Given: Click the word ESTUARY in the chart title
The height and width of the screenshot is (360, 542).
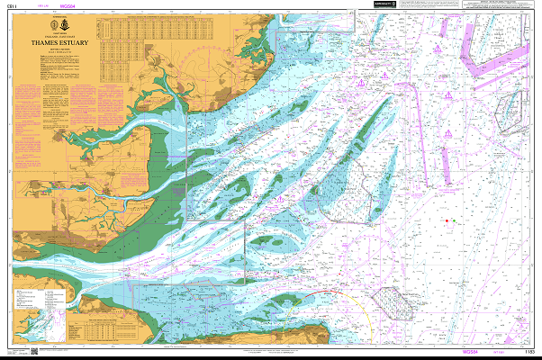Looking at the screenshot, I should pyautogui.click(x=71, y=40).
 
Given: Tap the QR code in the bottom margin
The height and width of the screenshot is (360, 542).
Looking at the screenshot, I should pyautogui.click(x=33, y=351).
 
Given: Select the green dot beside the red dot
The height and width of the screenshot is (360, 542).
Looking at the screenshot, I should pyautogui.click(x=454, y=220).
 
